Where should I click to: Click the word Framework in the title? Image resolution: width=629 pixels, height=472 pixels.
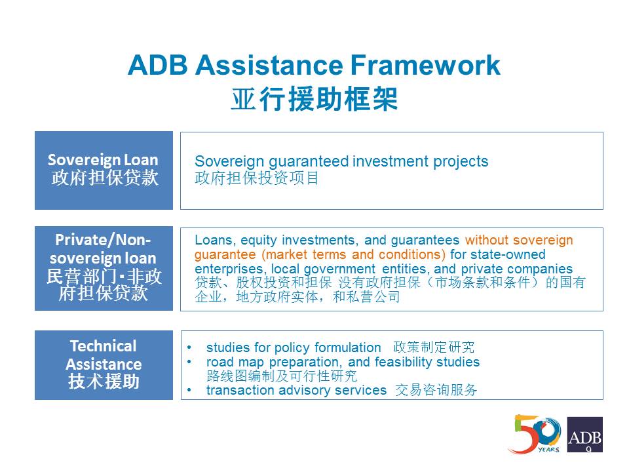click(x=425, y=65)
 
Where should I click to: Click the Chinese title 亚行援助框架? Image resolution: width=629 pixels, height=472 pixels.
click(x=314, y=99)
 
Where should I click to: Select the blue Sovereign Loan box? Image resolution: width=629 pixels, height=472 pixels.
click(x=104, y=170)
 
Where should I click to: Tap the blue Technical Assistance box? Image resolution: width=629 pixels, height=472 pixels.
click(x=104, y=365)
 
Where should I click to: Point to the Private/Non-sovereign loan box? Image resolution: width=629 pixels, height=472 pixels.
click(x=104, y=268)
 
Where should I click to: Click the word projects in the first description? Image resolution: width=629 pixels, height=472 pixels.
click(x=461, y=162)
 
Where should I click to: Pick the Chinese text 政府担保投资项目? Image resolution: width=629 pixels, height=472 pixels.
click(x=257, y=178)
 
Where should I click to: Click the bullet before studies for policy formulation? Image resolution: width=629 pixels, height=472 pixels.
click(x=189, y=347)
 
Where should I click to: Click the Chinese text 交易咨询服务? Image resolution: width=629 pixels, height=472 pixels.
click(x=436, y=389)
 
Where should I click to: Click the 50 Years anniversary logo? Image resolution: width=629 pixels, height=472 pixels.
click(x=535, y=434)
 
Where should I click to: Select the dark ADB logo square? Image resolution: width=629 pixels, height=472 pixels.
click(x=585, y=435)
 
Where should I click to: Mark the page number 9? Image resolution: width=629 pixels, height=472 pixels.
click(x=588, y=449)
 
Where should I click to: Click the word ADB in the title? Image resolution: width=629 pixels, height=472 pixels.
click(x=158, y=65)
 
